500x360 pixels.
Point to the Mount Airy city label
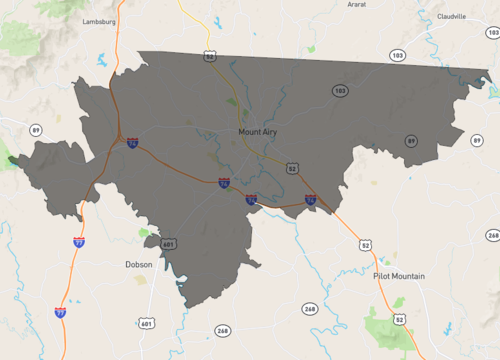pos(263,131)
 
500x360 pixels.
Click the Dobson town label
pos(139,265)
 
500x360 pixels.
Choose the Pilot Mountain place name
pos(399,276)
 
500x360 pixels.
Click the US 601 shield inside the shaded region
pos(168,244)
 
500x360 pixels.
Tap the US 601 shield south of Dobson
pos(147,323)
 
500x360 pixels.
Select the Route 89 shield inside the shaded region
pos(411,141)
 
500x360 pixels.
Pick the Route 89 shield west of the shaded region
pos(36,130)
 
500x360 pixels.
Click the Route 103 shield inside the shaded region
pos(340,91)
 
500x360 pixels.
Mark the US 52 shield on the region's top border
pos(210,57)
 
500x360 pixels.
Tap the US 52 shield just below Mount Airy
pos(292,168)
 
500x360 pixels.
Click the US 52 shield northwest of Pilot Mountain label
pos(366,244)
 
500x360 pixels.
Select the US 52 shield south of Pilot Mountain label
pos(399,319)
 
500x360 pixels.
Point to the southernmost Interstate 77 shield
pos(62,313)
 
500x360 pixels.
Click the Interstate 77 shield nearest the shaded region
pos(79,242)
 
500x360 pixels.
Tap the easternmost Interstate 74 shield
pos(311,200)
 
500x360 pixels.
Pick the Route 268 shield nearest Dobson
pos(222,331)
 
